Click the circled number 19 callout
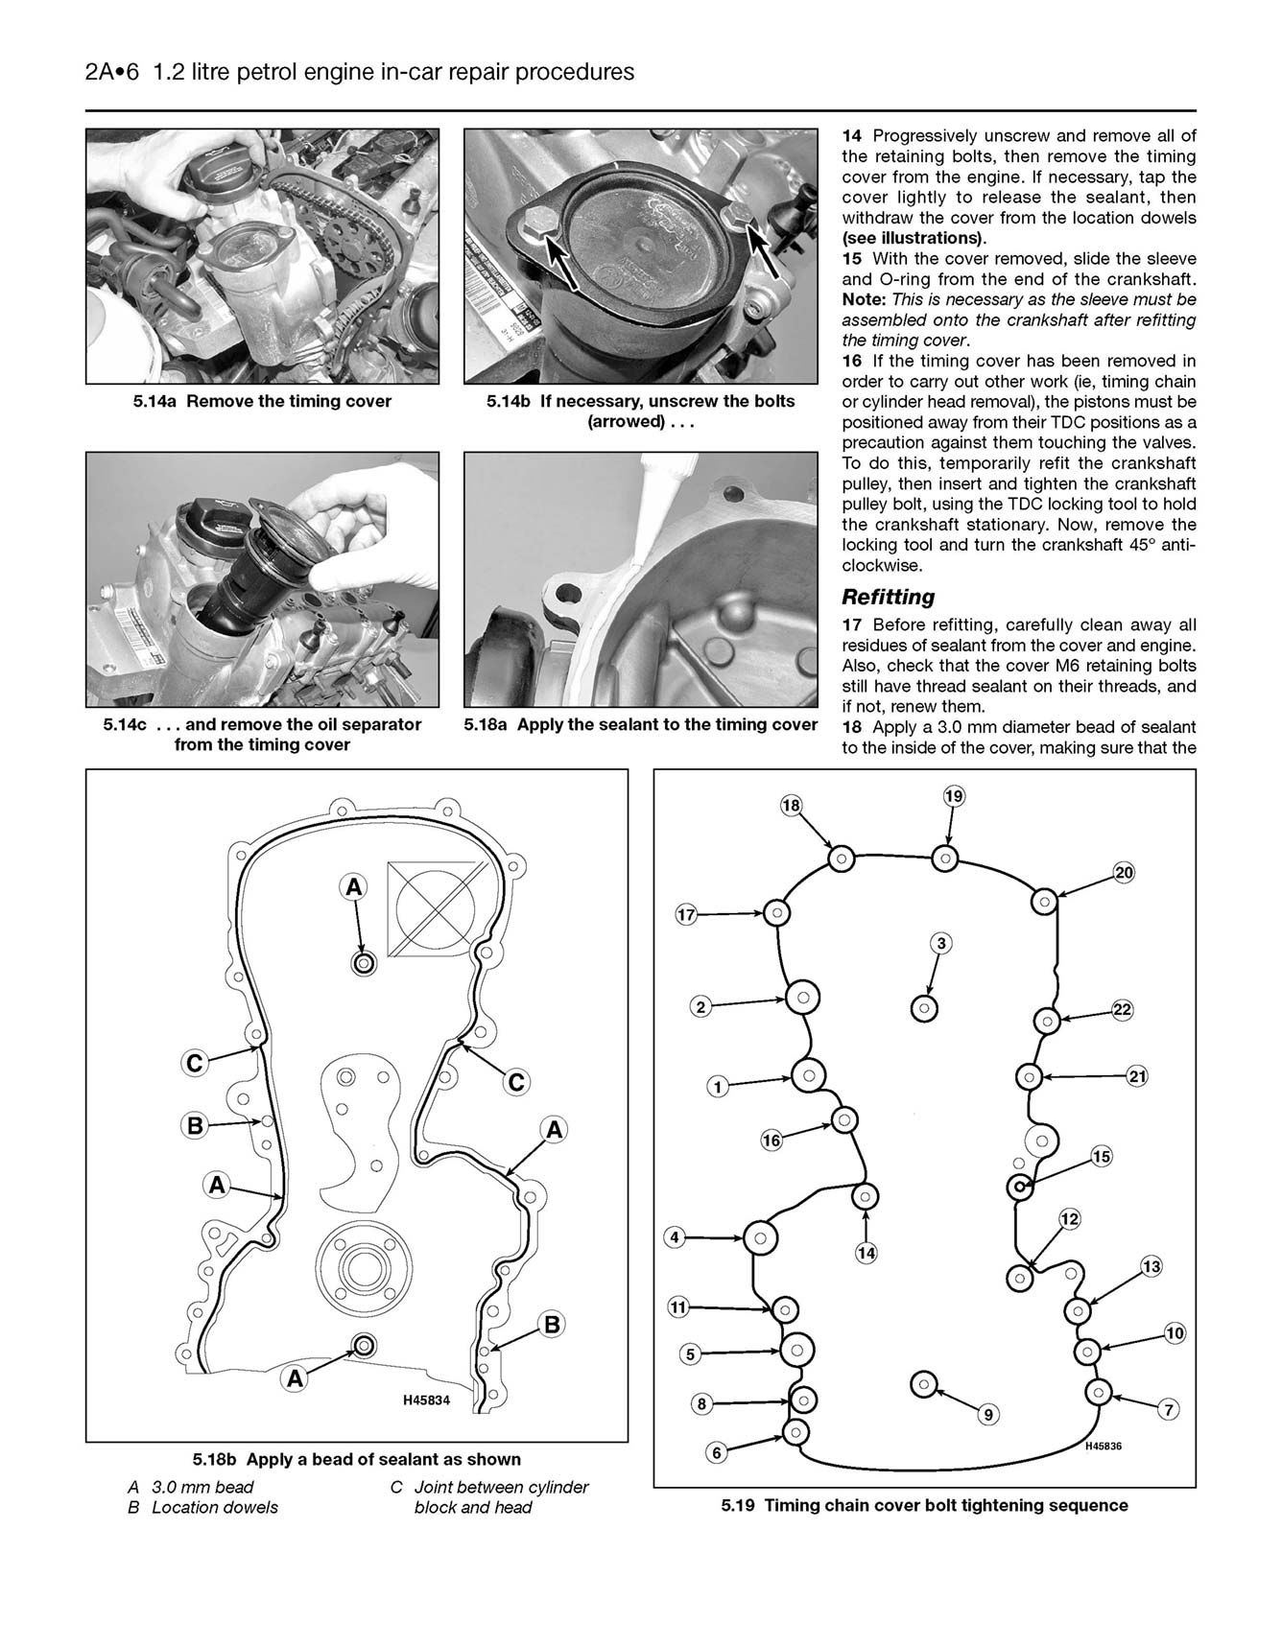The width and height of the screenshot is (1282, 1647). coord(953,795)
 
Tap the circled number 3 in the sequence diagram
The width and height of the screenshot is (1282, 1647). coord(941,944)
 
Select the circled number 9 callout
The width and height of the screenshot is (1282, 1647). coord(987,1414)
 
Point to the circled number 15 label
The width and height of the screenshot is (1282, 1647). coord(1101,1157)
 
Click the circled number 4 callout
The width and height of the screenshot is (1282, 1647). coord(675,1237)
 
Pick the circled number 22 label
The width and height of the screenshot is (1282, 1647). coord(1122,1009)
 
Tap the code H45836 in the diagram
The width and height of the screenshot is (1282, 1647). coord(1104,1447)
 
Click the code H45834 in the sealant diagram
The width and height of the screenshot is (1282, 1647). coord(426,1400)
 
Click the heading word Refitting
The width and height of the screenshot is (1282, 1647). coord(888,597)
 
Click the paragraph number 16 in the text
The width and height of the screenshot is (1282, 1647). coord(852,361)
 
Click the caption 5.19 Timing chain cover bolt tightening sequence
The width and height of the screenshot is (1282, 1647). coord(924,1505)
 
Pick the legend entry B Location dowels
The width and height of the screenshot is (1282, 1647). coord(202,1507)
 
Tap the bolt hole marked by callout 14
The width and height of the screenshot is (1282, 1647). coord(866,1196)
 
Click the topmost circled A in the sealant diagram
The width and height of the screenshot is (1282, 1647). coord(353,887)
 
